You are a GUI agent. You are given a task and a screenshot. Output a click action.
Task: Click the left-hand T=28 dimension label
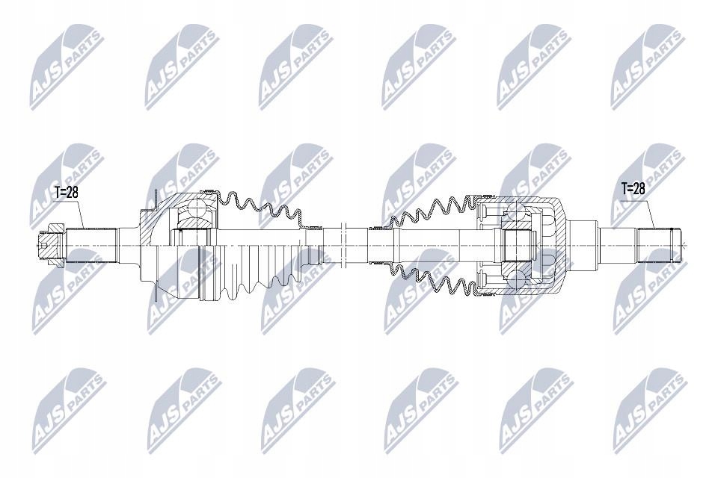[67, 192]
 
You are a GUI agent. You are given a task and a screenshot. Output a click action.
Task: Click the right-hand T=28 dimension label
[633, 188]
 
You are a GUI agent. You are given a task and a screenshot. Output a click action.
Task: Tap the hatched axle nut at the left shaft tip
[52, 246]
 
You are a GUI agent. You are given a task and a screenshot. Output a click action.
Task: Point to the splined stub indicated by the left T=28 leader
[90, 246]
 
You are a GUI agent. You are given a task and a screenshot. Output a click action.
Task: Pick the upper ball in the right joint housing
[515, 211]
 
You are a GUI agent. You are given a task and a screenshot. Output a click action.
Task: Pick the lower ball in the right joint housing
[515, 280]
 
